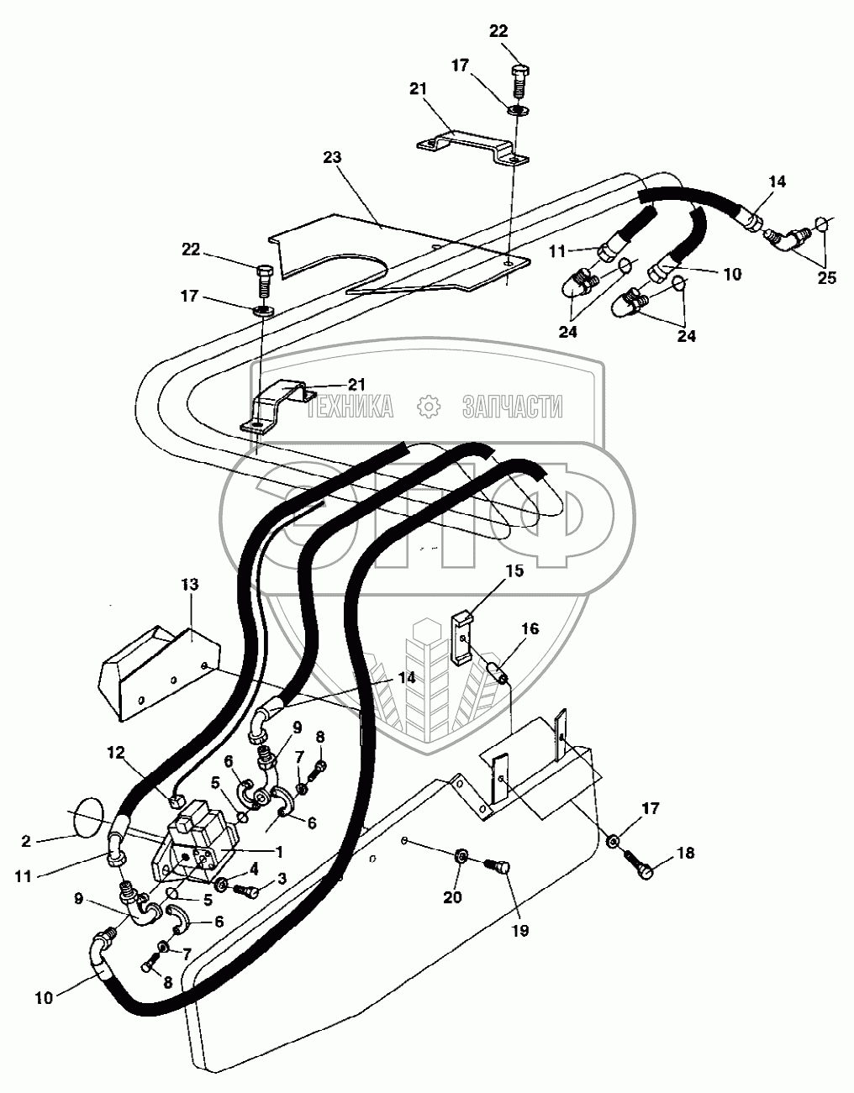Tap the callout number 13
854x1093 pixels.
(x=190, y=586)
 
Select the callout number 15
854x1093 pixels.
(x=514, y=571)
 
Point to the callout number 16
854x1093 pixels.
(x=530, y=629)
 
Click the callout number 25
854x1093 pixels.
(x=827, y=278)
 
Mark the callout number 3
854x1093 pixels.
(x=282, y=878)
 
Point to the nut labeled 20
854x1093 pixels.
(x=461, y=857)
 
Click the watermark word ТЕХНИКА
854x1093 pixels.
(x=349, y=407)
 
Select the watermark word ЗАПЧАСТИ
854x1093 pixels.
(x=512, y=407)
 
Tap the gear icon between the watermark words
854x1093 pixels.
(x=430, y=407)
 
